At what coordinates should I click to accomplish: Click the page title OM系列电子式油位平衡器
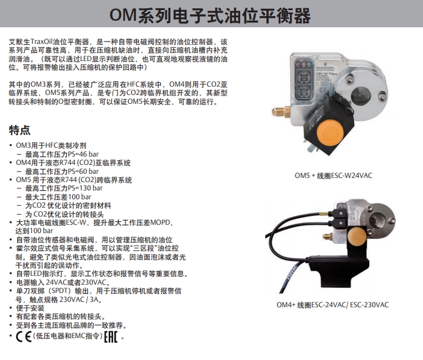click(x=210, y=15)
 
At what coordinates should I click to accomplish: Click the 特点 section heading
click(x=20, y=130)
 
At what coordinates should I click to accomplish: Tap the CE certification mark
click(x=24, y=336)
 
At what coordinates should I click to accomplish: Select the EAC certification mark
click(x=111, y=336)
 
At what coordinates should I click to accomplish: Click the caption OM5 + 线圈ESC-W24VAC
click(x=333, y=176)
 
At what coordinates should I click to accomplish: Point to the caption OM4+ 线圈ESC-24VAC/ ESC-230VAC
click(x=333, y=305)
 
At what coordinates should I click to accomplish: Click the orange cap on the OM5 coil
click(x=330, y=132)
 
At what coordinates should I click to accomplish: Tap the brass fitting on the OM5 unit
click(x=281, y=111)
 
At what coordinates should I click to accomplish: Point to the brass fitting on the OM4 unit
click(x=328, y=237)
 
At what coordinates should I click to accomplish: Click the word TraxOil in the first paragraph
click(x=42, y=42)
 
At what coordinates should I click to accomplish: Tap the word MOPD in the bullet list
click(x=160, y=223)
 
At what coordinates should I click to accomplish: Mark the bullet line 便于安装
click(x=30, y=308)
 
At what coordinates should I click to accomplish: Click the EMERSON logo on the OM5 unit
click(x=325, y=67)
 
